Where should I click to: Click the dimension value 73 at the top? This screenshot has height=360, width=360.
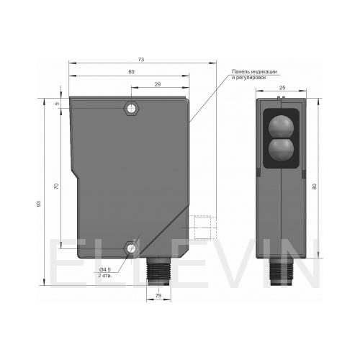(x=141, y=59)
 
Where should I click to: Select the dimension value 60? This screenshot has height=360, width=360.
(x=131, y=72)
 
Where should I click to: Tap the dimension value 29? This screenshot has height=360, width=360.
(x=158, y=84)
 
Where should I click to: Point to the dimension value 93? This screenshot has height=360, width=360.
(x=39, y=204)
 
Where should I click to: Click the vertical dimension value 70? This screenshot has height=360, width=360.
(x=56, y=186)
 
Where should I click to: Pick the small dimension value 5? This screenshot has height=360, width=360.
(x=57, y=104)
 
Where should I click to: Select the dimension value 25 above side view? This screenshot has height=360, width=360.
(x=282, y=88)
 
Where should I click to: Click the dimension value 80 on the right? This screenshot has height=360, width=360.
(x=315, y=186)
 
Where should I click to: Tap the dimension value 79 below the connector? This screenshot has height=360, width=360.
(x=158, y=296)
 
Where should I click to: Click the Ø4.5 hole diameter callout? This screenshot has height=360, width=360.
(x=105, y=270)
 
